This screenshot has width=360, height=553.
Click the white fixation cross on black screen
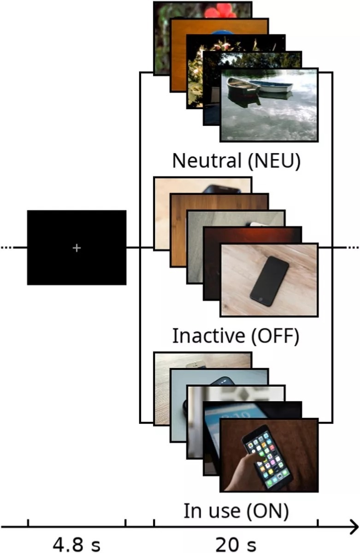tap(77, 248)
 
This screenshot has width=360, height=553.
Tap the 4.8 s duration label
tap(77, 544)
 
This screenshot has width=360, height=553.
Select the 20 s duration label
tap(236, 544)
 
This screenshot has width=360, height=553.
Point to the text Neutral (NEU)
tap(236, 160)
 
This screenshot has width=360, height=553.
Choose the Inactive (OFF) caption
tap(236, 336)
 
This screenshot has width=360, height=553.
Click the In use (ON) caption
tap(236, 511)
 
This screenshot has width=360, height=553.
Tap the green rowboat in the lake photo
tap(243, 87)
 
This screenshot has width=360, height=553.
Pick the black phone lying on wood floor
tap(269, 281)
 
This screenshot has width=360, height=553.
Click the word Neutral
tap(207, 160)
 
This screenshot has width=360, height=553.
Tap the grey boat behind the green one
tap(275, 86)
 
